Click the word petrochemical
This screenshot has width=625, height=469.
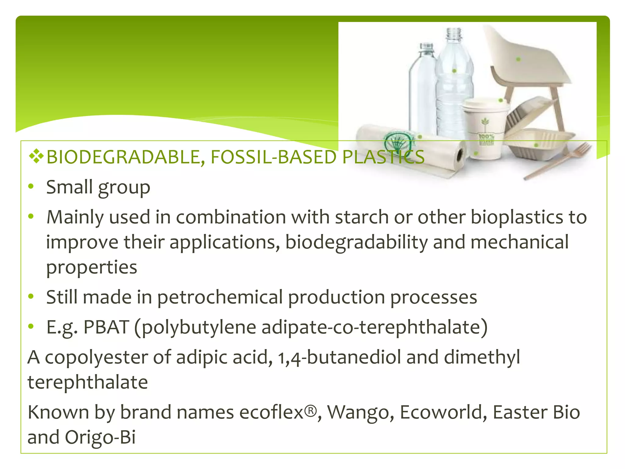pos(220,297)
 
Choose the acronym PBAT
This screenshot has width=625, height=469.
pos(106,327)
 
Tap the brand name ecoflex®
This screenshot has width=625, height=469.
pos(278,412)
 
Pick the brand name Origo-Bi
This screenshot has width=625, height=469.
pos(100,437)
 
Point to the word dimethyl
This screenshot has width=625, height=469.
pos(482,357)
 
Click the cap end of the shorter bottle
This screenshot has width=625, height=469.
pos(426,47)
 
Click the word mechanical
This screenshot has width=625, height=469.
pos(519,242)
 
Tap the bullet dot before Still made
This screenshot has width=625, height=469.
pos(31,296)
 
